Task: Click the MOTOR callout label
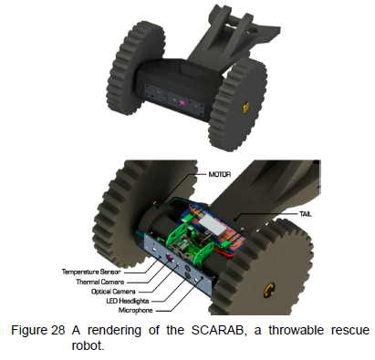220,174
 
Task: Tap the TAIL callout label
306,214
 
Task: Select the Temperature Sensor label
91,272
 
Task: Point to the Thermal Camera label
100,282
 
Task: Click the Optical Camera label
113,292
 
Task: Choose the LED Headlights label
128,301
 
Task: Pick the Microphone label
136,310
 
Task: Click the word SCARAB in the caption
218,330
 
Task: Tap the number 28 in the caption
57,330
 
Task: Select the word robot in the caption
88,345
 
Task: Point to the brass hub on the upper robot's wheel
245,107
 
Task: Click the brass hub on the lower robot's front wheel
269,290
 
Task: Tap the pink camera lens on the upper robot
182,104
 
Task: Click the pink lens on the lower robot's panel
170,258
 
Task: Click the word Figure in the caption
29,331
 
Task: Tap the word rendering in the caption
114,331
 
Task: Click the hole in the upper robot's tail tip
257,29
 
